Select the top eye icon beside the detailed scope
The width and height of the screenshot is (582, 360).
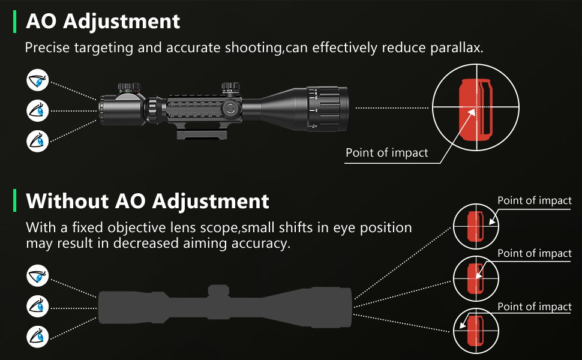point(38,80)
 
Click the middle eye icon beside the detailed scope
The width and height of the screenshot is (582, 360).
point(38,110)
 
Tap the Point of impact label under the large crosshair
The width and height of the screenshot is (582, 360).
point(386,153)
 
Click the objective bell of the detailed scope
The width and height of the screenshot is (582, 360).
point(327,108)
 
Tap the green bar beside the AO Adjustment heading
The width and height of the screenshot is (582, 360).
point(14,22)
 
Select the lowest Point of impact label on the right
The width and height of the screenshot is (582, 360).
point(535,307)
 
